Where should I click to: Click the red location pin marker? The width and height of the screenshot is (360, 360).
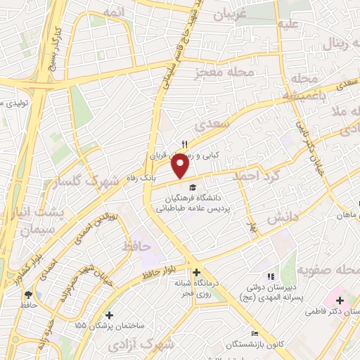[181, 167]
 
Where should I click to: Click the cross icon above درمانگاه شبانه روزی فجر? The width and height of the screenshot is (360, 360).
[196, 272]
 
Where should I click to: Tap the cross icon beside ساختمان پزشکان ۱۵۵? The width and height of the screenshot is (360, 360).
[108, 316]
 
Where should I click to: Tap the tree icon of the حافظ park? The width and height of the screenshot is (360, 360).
[28, 295]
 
